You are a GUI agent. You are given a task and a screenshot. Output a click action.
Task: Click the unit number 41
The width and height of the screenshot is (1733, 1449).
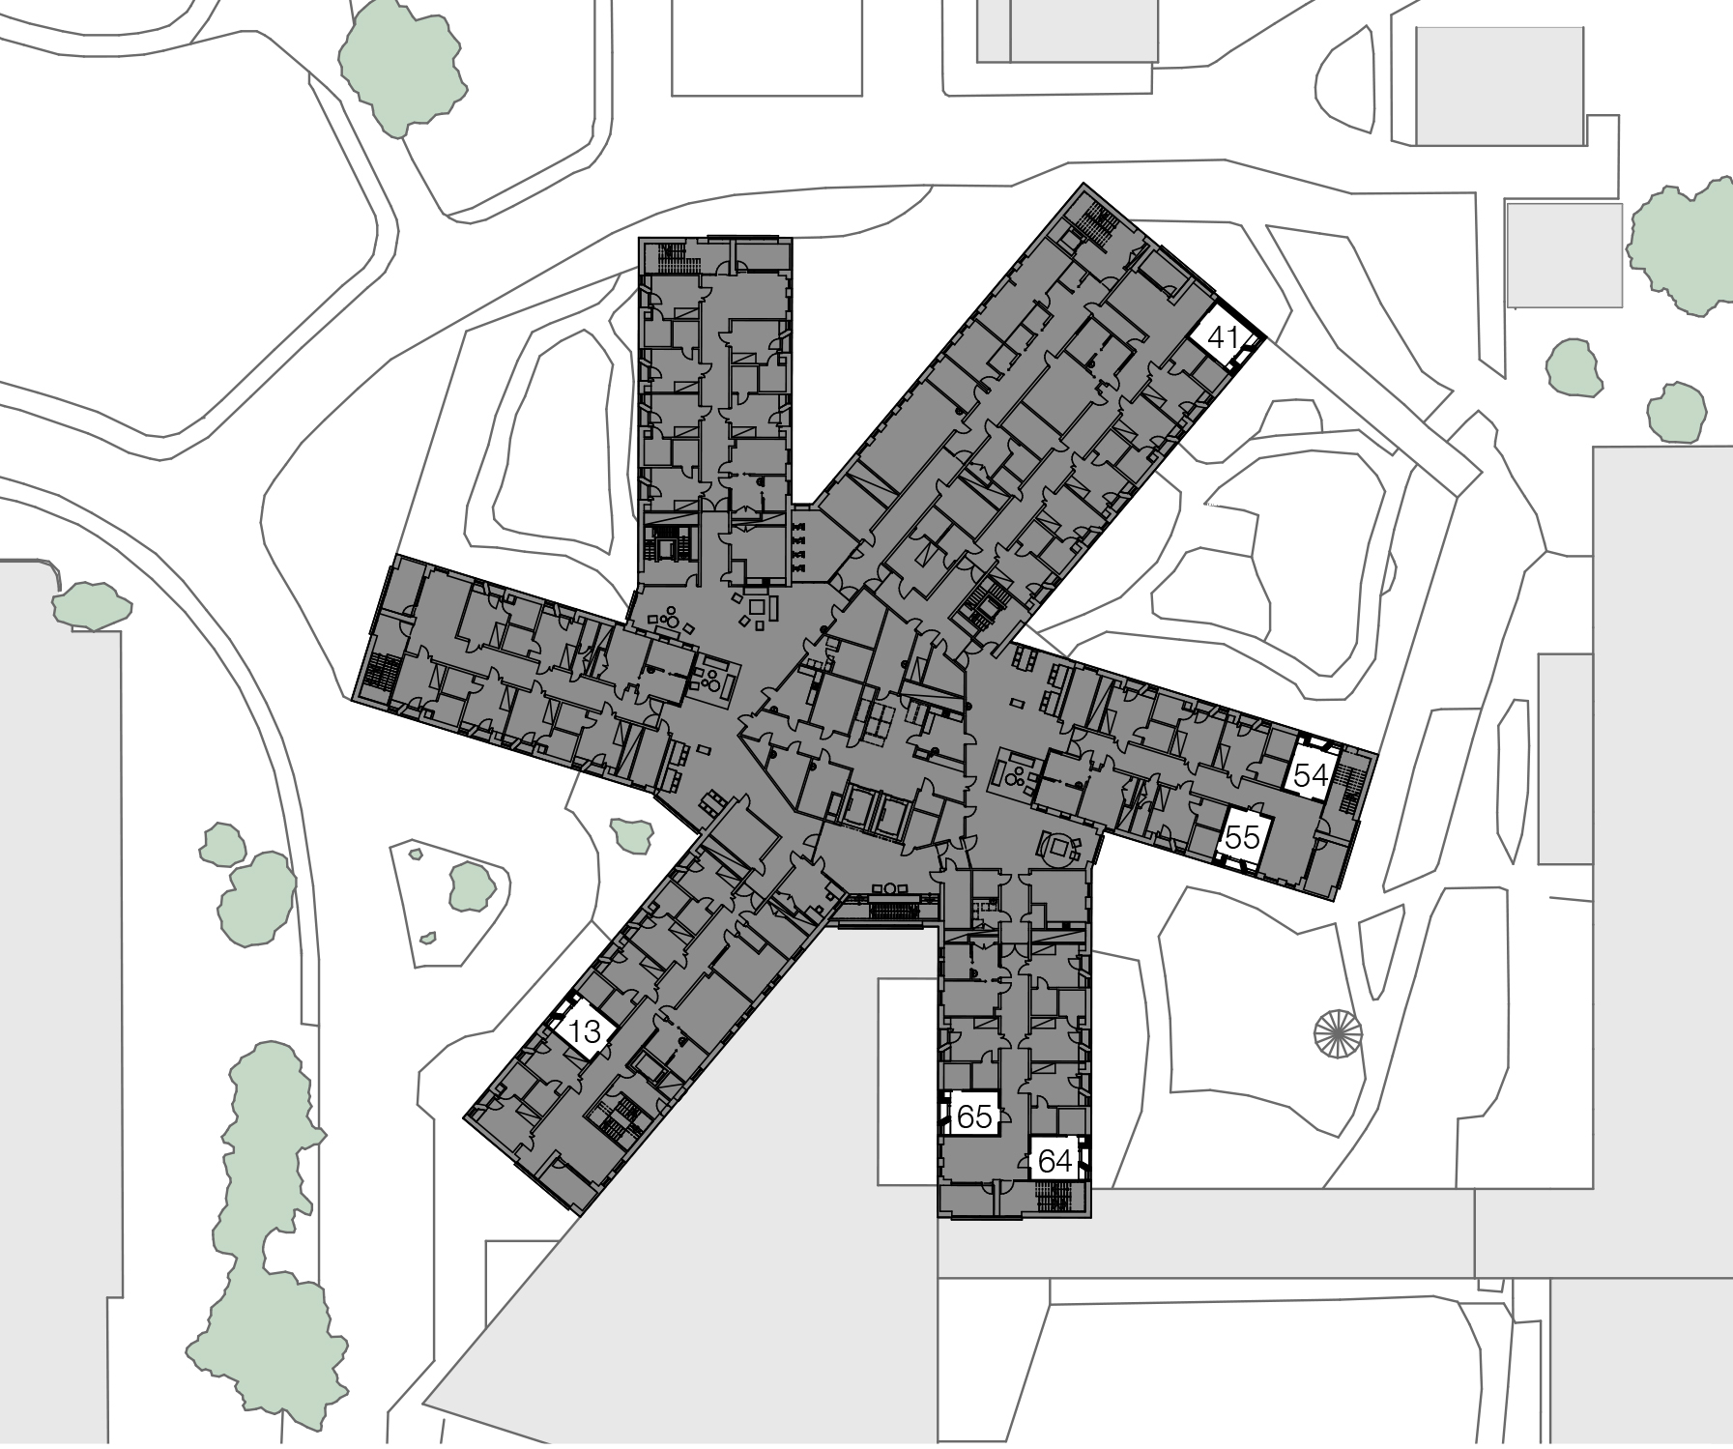coord(1224,338)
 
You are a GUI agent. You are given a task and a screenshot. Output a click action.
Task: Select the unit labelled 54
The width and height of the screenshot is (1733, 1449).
coord(1310,775)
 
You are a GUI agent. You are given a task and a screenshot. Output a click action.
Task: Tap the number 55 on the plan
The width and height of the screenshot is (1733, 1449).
coord(1242,837)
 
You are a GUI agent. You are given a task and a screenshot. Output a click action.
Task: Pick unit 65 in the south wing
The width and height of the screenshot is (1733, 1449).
coord(974,1116)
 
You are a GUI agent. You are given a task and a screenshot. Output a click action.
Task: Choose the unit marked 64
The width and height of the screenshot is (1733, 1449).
coord(1054,1160)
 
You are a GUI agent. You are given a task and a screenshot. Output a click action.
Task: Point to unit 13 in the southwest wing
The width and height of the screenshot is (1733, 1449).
coord(585,1031)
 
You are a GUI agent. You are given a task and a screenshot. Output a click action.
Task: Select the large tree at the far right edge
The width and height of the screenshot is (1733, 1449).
coord(1683,246)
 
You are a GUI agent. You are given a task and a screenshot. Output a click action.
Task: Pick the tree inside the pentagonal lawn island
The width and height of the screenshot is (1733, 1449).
coord(473,886)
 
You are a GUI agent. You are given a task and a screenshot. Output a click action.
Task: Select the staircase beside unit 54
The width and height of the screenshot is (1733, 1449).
coord(1347,785)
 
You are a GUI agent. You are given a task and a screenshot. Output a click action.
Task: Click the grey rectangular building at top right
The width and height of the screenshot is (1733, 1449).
coord(1499,86)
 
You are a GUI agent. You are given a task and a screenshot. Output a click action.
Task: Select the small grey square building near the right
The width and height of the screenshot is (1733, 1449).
coord(1564,255)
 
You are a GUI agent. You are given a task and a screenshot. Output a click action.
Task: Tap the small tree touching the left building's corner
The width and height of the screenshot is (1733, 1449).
coord(92,606)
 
